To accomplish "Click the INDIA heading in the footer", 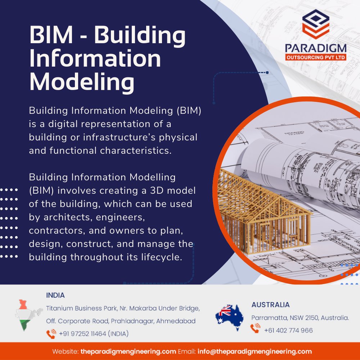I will coord(55,296).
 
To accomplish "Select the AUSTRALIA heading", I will coord(270,305).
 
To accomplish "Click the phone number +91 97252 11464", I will coord(93,334).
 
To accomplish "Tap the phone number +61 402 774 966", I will coord(288,330).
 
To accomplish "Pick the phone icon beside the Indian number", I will coord(51,334).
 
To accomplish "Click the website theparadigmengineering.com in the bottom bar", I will coord(128,351).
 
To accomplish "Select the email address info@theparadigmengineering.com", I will coord(255,351).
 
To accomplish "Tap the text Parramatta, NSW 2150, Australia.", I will coord(300,318).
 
